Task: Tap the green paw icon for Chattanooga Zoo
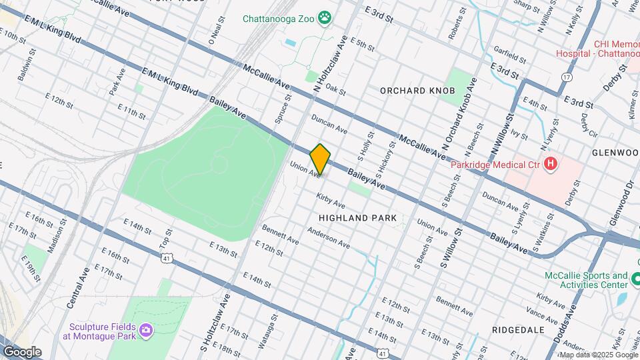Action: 325,18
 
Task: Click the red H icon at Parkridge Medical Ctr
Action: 550,163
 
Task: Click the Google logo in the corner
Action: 22,352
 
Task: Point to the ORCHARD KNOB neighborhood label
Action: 417,90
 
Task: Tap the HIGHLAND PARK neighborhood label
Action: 357,218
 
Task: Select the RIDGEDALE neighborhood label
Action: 518,330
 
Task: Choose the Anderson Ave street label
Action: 328,237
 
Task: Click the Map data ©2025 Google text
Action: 597,355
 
